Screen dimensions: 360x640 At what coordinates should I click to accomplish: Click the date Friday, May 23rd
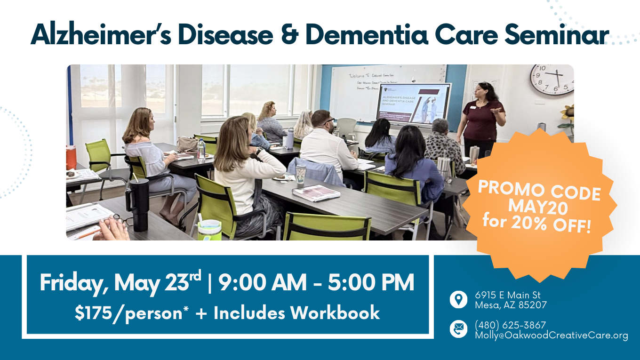[x=120, y=283]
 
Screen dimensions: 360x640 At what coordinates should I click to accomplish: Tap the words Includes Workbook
[x=296, y=313]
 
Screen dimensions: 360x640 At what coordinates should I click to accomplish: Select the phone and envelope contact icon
[x=458, y=329]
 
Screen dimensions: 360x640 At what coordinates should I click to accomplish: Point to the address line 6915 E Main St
[x=507, y=295]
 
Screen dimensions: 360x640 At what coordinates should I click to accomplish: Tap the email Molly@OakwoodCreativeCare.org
[x=551, y=335]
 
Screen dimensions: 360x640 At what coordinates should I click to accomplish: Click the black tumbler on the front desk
[x=140, y=204]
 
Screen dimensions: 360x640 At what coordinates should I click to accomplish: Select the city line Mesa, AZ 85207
[x=510, y=305]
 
